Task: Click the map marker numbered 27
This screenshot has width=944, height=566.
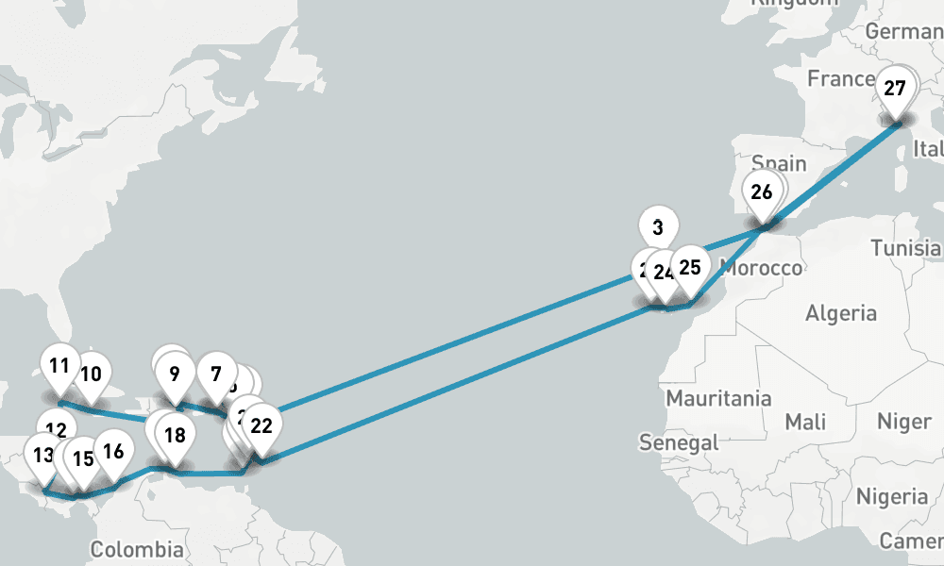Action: point(895,90)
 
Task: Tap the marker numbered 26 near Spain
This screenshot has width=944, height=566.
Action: point(762,191)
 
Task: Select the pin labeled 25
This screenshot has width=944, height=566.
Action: point(690,267)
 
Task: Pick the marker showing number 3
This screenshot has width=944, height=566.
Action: point(658,226)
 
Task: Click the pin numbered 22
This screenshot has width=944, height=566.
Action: point(261,424)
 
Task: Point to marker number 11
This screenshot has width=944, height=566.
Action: point(59,365)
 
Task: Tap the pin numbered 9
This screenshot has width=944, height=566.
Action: point(175,373)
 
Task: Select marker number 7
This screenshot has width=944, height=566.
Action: point(216,373)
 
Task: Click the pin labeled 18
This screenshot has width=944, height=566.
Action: point(175,435)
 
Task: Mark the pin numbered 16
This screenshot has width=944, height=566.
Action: point(113,451)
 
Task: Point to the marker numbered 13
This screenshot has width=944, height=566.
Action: point(42,456)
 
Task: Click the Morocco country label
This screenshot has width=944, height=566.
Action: point(762,269)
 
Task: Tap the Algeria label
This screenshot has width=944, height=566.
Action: point(841,313)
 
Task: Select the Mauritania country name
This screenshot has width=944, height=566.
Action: point(718,398)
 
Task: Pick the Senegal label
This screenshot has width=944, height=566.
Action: point(679,441)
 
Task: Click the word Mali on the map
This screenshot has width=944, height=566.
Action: point(805,420)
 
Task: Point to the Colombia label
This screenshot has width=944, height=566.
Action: point(137,550)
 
